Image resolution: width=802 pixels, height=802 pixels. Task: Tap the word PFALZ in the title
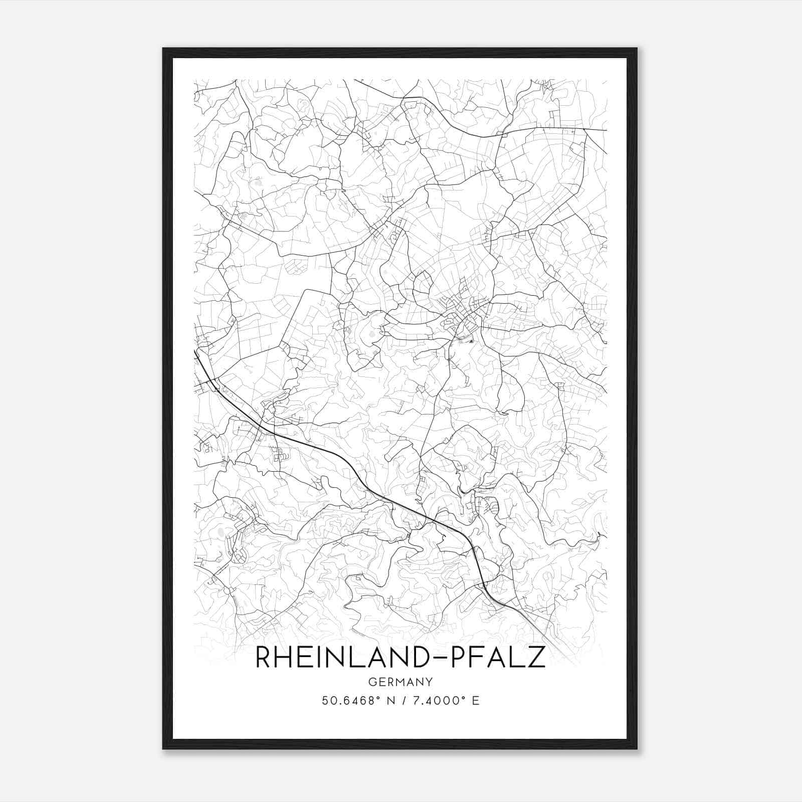[499, 657]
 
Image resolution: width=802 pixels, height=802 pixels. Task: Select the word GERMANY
[400, 682]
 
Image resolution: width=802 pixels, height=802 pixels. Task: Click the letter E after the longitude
[476, 700]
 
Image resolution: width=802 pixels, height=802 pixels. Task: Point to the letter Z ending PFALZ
[535, 657]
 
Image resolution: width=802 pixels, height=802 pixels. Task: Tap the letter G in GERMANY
[371, 682]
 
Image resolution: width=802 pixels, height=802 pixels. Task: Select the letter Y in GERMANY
[430, 682]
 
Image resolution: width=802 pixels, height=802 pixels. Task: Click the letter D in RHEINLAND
[419, 657]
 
